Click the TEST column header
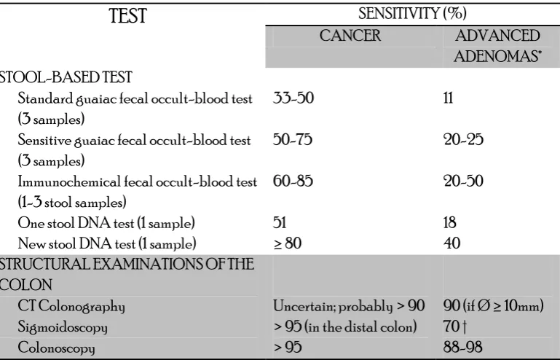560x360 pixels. (128, 16)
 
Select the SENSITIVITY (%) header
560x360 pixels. (412, 14)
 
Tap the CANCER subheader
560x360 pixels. (350, 36)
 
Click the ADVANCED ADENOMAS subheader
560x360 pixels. (497, 46)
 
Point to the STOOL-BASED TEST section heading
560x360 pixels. (66, 77)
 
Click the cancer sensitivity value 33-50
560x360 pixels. (293, 98)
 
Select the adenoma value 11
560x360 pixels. (448, 98)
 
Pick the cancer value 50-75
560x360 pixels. (293, 139)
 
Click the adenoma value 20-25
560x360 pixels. (463, 139)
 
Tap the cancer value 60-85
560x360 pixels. (293, 181)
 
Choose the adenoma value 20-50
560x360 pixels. (463, 181)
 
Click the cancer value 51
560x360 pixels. (280, 222)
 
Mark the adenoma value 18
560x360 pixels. (449, 222)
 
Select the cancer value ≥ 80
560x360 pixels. (288, 243)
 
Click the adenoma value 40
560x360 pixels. (451, 243)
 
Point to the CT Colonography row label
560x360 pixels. (71, 306)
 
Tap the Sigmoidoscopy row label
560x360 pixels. (63, 327)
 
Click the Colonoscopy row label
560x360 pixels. (56, 348)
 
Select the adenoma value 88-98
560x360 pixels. (463, 347)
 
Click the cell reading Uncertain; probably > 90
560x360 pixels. (349, 306)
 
